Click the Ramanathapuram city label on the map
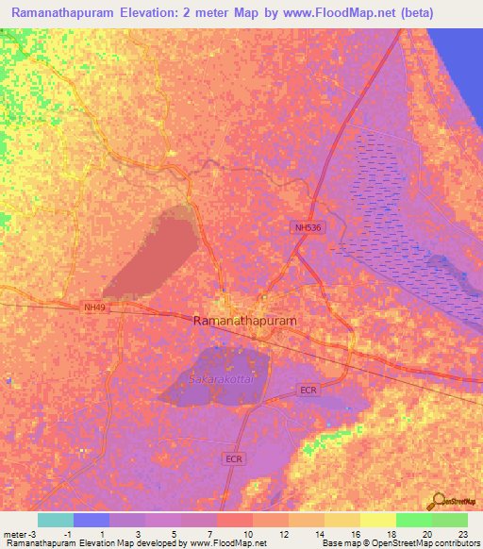click(x=244, y=321)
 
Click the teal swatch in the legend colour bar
click(x=56, y=520)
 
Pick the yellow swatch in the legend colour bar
click(x=377, y=520)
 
